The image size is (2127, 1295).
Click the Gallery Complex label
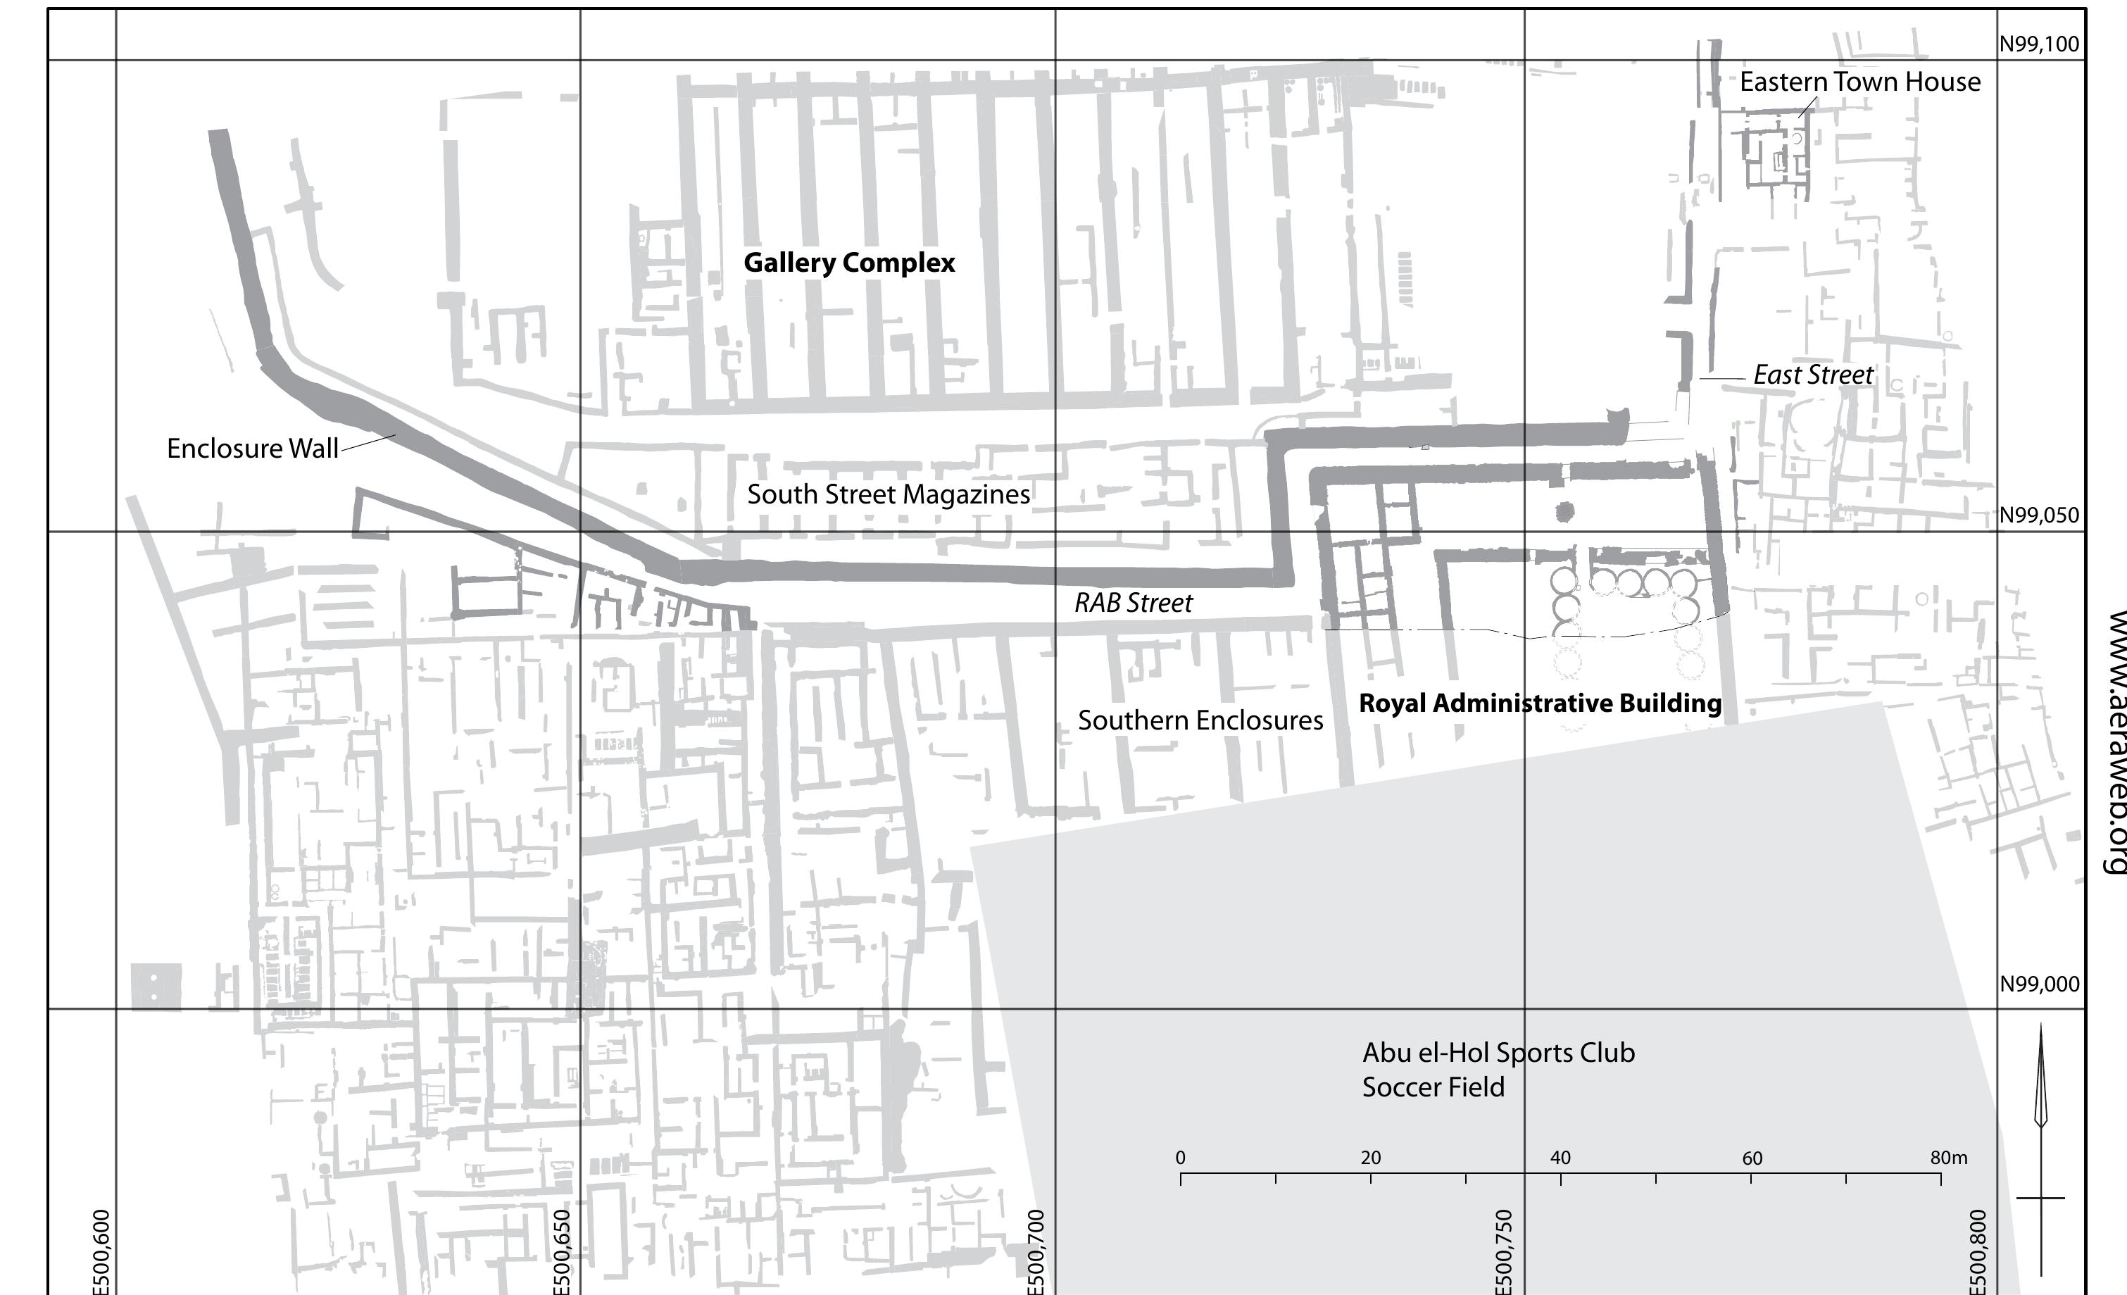[848, 263]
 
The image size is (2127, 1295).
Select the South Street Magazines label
[889, 494]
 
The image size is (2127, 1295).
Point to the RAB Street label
[1133, 603]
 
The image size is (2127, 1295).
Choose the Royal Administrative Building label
[1540, 703]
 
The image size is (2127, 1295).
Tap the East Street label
[1813, 375]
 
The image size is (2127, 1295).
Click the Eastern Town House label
[1859, 82]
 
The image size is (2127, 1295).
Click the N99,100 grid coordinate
[2039, 45]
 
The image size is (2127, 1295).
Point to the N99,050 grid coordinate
[2039, 515]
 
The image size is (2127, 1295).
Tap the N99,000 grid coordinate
[2039, 984]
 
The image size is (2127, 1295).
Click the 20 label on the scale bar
[1370, 1158]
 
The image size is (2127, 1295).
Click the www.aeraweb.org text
[2115, 742]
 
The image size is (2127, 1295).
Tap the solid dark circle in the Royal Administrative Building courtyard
[1564, 513]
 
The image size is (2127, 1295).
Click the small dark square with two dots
[156, 987]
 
